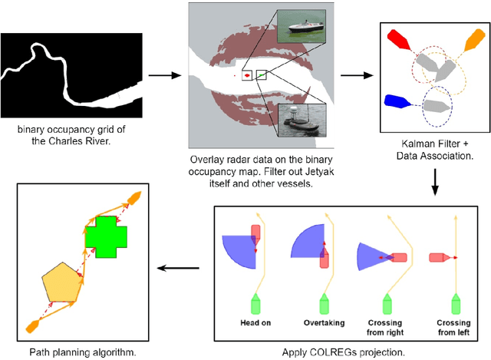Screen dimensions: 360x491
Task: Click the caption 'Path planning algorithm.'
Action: click(77, 352)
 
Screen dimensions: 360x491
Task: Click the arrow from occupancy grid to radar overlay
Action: click(159, 75)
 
